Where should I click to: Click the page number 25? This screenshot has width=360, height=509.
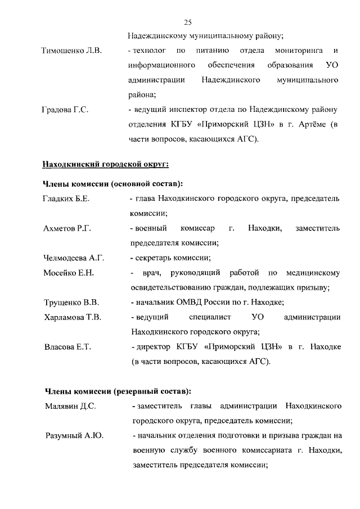point(188,22)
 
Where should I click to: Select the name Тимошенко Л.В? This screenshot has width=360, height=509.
point(71,51)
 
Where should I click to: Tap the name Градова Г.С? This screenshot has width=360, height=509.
point(66,109)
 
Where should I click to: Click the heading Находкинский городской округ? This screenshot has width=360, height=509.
point(106,164)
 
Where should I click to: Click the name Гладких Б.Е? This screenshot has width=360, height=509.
point(66,199)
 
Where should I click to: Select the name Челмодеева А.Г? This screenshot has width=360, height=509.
point(74,258)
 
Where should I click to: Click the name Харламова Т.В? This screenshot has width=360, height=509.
point(73,317)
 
